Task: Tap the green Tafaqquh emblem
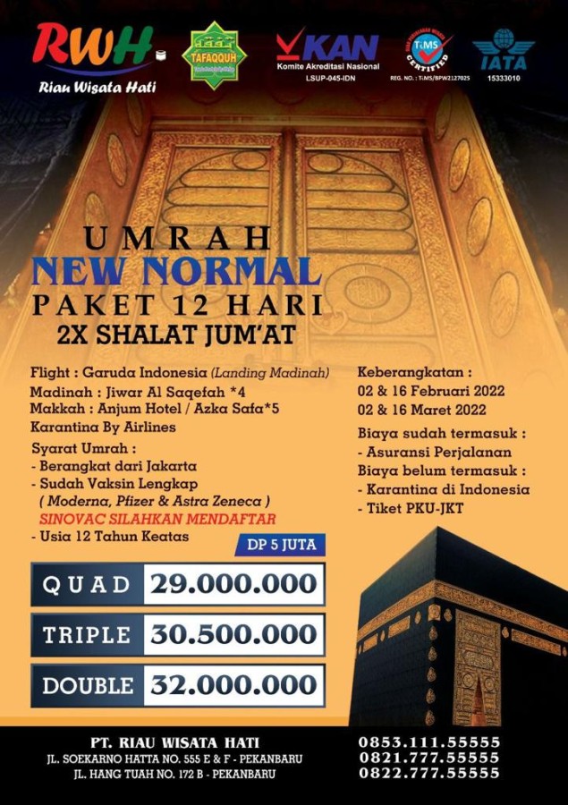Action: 215,55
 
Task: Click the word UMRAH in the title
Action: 178,239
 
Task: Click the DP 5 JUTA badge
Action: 281,544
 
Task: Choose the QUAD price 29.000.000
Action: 233,584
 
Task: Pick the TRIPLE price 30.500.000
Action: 233,634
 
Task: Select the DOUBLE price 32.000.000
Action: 233,685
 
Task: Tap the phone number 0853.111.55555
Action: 429,742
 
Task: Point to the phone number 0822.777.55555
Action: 429,773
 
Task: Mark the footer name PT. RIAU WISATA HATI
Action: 175,742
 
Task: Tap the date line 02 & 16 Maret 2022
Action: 422,410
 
